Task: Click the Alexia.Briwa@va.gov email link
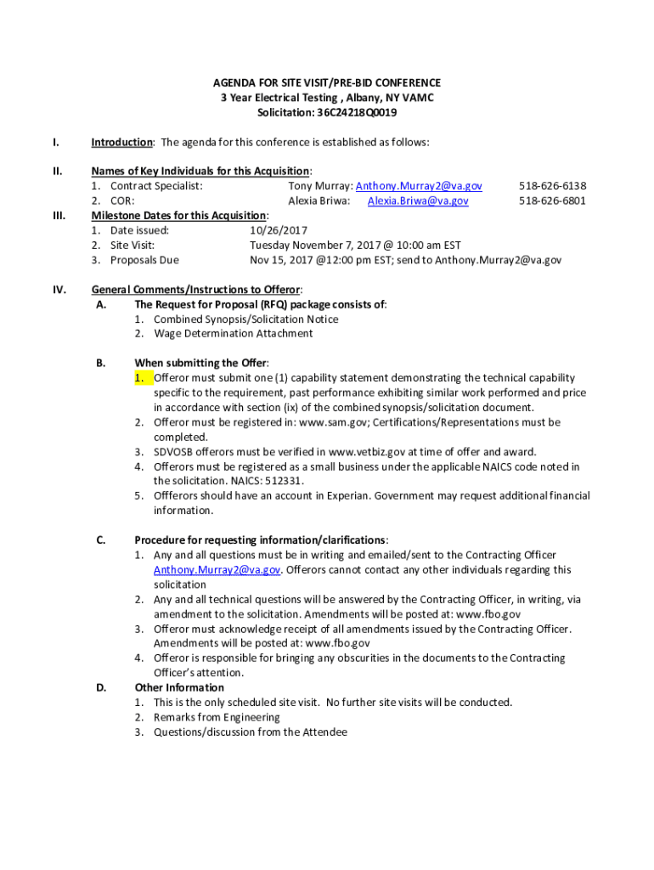coord(417,201)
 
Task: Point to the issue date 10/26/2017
coord(279,230)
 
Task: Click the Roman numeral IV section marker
coord(59,290)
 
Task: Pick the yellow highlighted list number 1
coord(141,378)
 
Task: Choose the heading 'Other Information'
coord(179,687)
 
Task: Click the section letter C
coord(100,540)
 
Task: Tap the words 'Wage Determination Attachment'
coord(233,334)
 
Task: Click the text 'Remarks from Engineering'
coord(217,718)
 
